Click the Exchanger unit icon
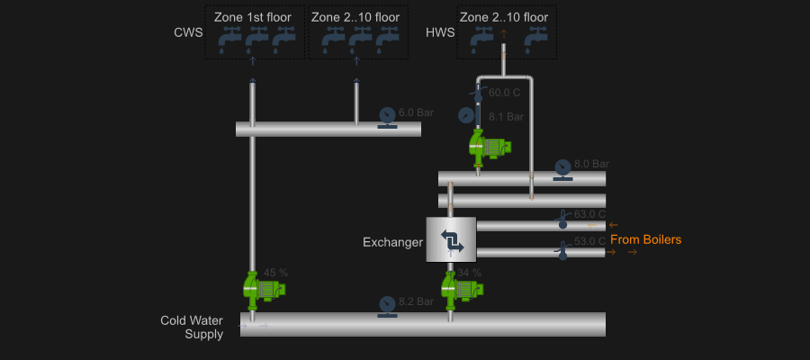451,239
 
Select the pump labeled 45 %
263,288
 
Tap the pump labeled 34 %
461,288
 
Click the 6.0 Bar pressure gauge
387,116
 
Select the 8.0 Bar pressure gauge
562,168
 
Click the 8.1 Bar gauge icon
466,115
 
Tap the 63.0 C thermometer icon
563,219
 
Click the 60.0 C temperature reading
504,93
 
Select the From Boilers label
645,239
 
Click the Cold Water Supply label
192,328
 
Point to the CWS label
188,33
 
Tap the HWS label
440,33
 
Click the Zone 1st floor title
253,17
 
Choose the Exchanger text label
392,242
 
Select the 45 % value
275,273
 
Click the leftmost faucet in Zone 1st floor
229,40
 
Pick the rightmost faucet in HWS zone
536,40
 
